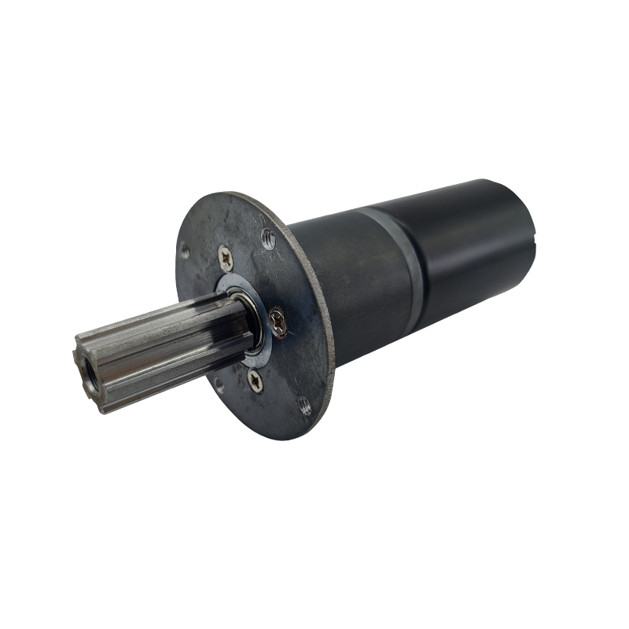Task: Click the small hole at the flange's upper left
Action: pos(186,251)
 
